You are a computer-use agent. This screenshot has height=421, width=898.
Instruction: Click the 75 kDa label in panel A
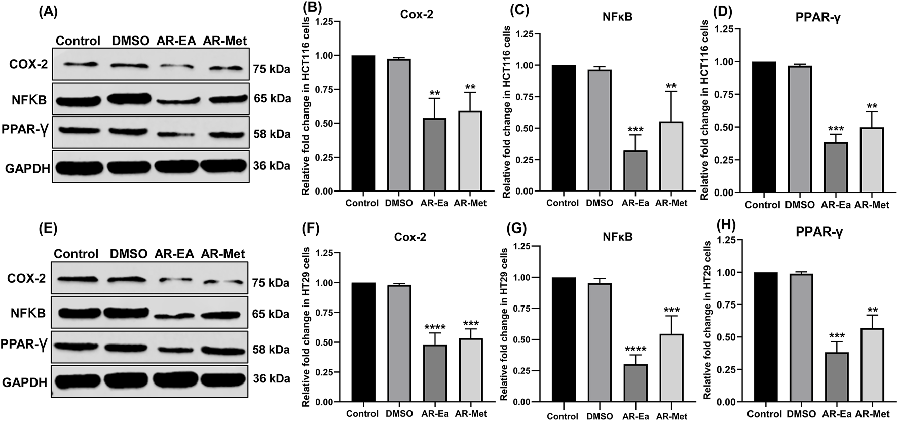coord(272,69)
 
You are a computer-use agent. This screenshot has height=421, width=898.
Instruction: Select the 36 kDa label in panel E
coord(272,379)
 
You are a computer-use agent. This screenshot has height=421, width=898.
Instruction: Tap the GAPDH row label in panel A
coord(27,168)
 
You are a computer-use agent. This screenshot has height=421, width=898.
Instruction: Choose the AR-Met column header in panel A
coord(224,41)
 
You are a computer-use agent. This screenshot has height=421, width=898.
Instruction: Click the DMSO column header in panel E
coord(128,254)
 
